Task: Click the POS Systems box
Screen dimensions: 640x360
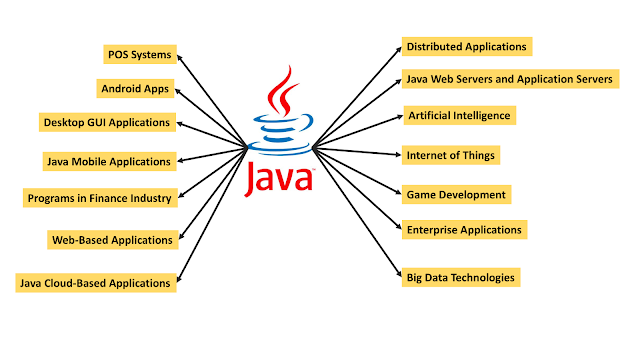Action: click(x=140, y=54)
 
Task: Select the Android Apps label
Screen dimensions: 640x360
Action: click(x=135, y=89)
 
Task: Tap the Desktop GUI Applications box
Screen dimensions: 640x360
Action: click(x=107, y=122)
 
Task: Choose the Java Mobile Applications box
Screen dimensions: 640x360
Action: click(x=109, y=161)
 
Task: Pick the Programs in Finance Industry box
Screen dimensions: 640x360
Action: click(x=100, y=198)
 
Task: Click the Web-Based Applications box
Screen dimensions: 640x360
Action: click(x=113, y=240)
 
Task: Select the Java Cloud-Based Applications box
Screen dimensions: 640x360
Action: click(x=96, y=283)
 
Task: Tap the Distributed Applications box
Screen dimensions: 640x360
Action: click(x=467, y=47)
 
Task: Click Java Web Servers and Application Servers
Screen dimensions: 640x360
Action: click(x=511, y=79)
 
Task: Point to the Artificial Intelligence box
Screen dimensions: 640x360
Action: click(x=460, y=116)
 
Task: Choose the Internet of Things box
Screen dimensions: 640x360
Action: click(x=451, y=155)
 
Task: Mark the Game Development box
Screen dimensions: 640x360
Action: click(x=456, y=194)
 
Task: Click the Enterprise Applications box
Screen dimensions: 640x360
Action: click(x=464, y=230)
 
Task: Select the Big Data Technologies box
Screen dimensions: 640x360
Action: click(x=461, y=278)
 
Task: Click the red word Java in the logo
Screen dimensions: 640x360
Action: click(x=279, y=179)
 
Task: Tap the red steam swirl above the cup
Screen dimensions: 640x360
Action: click(x=282, y=91)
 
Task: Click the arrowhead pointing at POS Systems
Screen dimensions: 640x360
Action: click(x=180, y=58)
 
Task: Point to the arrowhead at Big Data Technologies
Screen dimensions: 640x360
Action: click(x=399, y=274)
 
